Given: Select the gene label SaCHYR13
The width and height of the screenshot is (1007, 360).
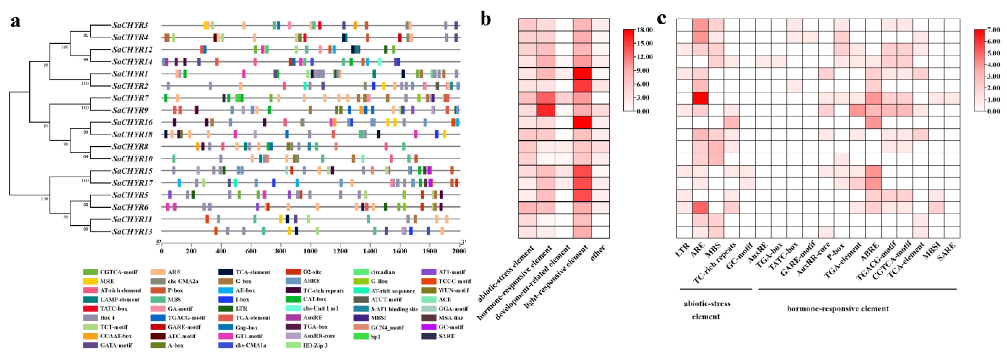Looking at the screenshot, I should point(132,231).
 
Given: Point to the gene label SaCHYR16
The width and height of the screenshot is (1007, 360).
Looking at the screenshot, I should point(132,122).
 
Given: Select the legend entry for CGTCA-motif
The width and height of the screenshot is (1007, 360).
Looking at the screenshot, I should point(118,272).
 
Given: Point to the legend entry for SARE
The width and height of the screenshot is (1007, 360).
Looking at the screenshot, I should point(446,336).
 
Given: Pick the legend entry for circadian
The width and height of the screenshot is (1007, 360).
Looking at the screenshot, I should point(382,272).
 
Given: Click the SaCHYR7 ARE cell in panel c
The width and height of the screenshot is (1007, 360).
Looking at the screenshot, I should point(700,98).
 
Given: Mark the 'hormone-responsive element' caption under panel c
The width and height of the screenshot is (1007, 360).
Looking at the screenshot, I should point(838,309).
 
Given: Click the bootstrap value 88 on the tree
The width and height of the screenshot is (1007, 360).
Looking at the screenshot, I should point(46,65).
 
